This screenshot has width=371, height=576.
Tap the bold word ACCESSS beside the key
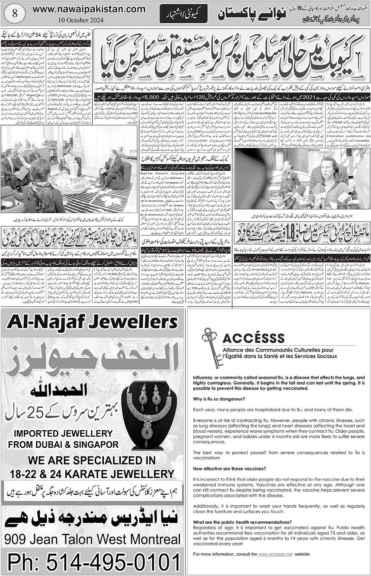coord(254,338)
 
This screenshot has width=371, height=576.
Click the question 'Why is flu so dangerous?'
coord(219,399)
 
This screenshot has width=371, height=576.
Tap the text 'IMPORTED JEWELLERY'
coord(62,433)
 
